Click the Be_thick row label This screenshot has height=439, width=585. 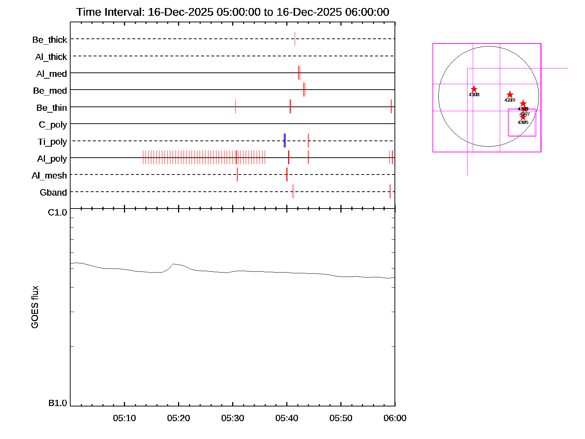click(x=50, y=40)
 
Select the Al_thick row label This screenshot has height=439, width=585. click(x=51, y=57)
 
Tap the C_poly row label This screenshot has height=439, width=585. click(x=53, y=125)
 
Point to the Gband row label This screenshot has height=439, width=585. click(x=53, y=192)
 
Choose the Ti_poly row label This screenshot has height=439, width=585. click(x=52, y=142)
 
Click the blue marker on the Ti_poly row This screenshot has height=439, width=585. click(x=284, y=141)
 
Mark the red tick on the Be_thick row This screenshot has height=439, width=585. click(x=295, y=39)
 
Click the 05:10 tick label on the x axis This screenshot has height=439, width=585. click(x=124, y=418)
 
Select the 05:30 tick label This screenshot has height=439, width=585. click(x=233, y=418)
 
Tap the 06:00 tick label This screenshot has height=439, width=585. click(x=395, y=418)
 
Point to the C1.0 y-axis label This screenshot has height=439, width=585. click(x=57, y=213)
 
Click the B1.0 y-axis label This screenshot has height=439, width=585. click(x=58, y=403)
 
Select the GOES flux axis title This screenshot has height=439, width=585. click(x=35, y=307)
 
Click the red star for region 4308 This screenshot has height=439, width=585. click(x=474, y=89)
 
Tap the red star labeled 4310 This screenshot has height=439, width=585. click(x=510, y=95)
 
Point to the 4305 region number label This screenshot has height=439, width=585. click(x=523, y=123)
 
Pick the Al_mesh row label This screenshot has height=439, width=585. click(x=49, y=176)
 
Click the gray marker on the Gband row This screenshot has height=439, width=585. click(x=293, y=192)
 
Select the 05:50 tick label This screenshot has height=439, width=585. click(x=341, y=418)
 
